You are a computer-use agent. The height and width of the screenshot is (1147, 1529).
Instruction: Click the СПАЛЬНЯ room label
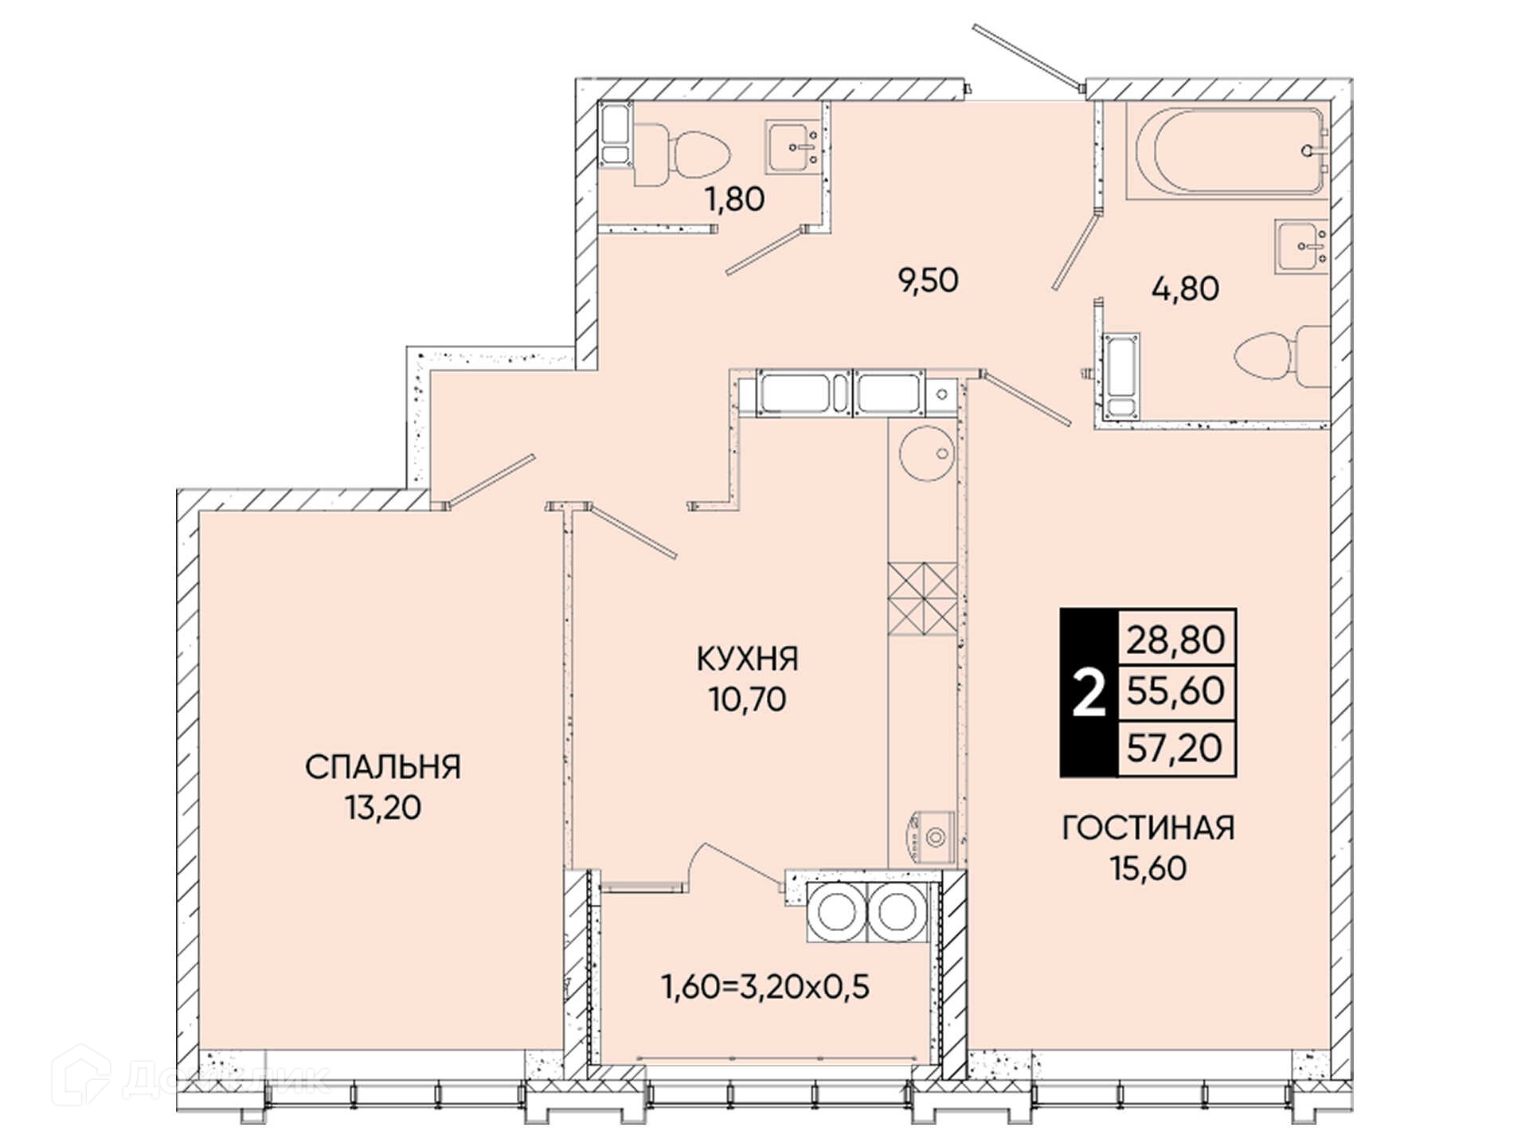point(383,767)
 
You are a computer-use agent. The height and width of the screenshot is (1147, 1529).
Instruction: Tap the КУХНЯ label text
point(747,659)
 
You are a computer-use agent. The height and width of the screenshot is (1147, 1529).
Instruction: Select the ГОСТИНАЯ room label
point(1148,828)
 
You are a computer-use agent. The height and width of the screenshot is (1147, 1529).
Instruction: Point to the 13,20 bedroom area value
point(383,808)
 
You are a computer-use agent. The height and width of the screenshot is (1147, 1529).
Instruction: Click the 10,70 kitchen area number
point(747,699)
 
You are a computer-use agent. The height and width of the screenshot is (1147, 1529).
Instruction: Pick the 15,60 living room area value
point(1148,868)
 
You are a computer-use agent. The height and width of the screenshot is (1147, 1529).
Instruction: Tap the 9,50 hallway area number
point(929,280)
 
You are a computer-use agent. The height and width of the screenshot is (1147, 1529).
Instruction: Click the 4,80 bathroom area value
point(1186,288)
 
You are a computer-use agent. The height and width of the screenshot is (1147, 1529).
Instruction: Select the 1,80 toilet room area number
point(735,199)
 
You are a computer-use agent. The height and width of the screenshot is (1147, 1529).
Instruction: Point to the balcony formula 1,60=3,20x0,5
point(765,987)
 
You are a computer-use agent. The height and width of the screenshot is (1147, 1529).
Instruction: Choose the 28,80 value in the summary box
point(1176,639)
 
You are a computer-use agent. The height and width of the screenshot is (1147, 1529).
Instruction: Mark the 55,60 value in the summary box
point(1176,691)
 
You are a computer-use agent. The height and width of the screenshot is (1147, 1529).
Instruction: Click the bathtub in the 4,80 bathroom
point(1226,151)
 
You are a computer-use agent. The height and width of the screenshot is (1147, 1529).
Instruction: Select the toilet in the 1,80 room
point(682,155)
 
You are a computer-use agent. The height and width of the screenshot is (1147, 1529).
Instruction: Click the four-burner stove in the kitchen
point(922,599)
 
